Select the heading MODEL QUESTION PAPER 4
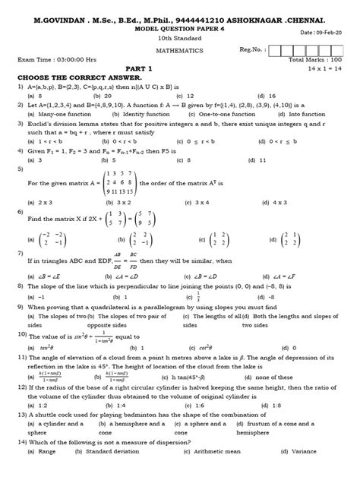pos(180,21)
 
